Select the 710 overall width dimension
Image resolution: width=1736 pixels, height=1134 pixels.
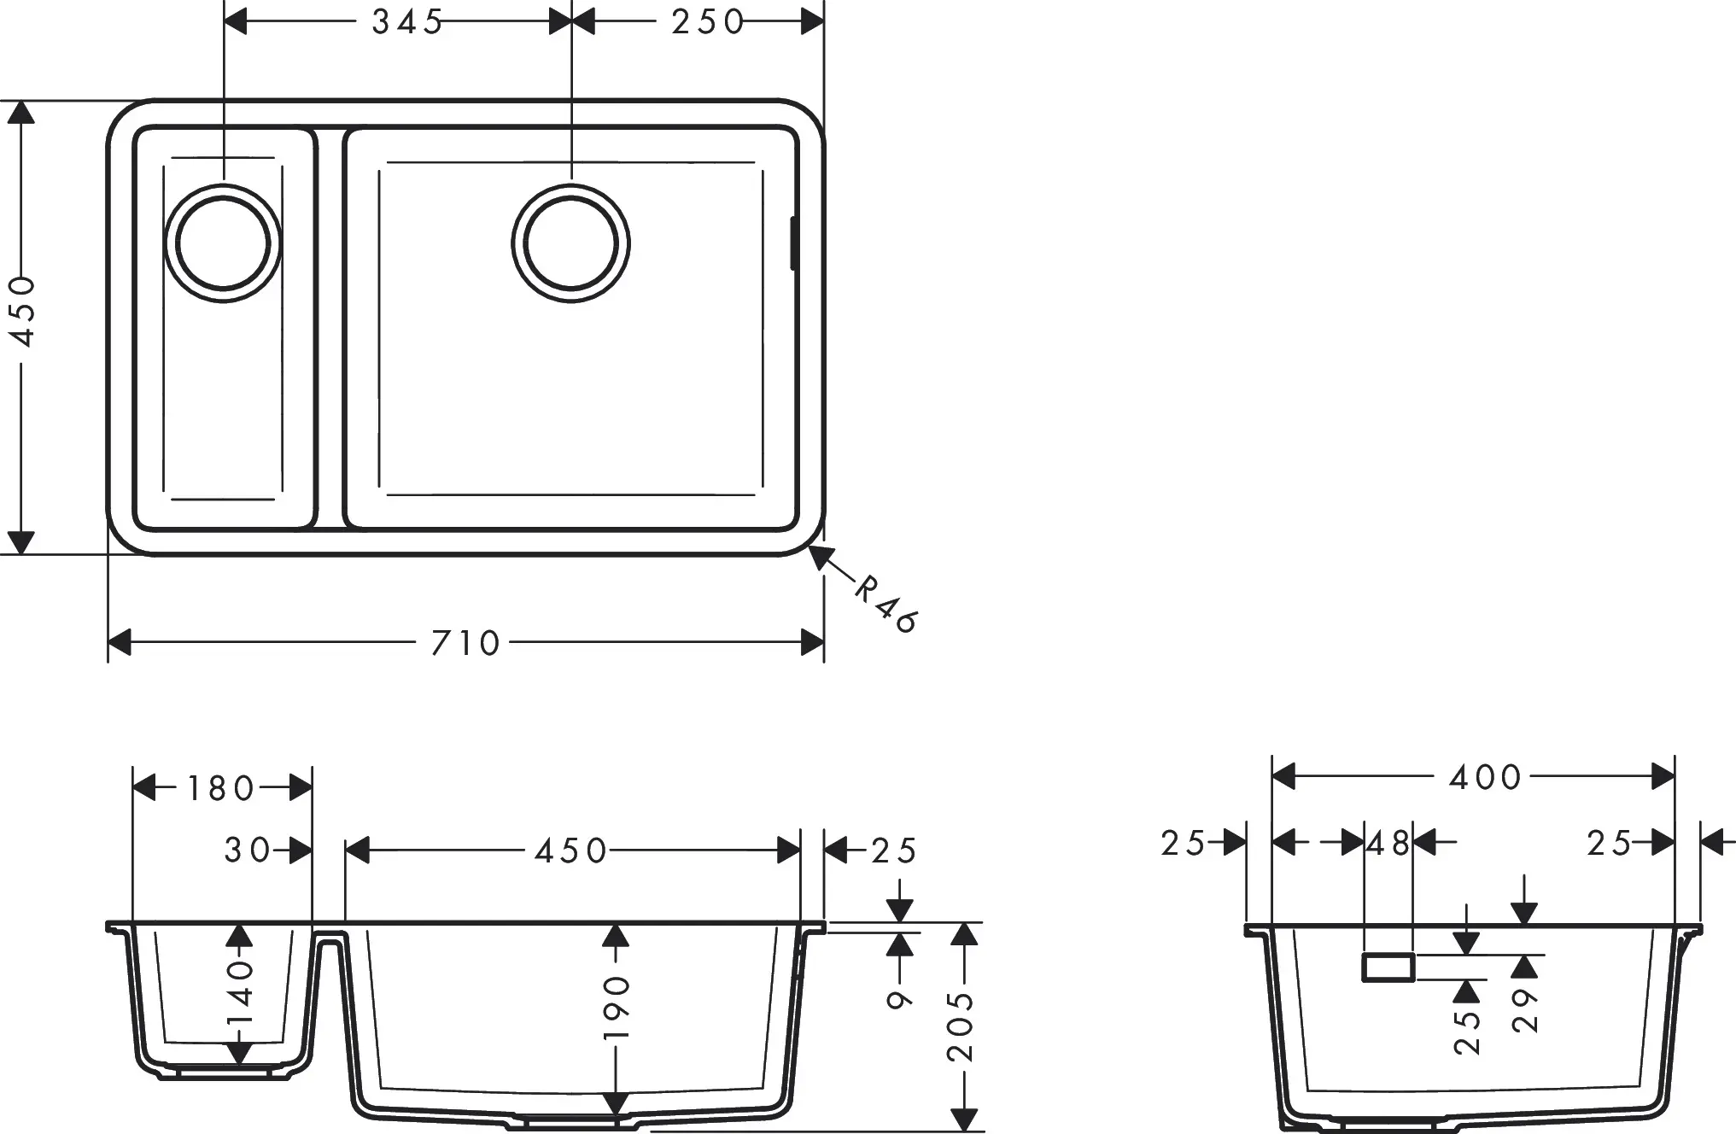click(x=465, y=643)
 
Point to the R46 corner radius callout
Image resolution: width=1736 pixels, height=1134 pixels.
click(x=886, y=604)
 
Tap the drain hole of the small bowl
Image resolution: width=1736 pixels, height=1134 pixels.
click(x=223, y=243)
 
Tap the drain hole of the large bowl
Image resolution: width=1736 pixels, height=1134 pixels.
click(x=570, y=243)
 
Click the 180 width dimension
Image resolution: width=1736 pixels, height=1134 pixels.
click(x=220, y=788)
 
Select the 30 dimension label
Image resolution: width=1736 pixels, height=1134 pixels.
click(x=247, y=850)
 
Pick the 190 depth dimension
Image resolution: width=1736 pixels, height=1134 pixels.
click(x=616, y=1008)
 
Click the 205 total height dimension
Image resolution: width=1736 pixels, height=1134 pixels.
click(x=962, y=1026)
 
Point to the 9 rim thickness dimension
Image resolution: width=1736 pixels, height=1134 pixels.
click(x=899, y=999)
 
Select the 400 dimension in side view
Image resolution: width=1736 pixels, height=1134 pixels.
click(x=1485, y=777)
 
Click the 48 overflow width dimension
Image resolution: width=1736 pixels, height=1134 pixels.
click(x=1388, y=844)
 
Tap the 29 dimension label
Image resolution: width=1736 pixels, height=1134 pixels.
click(x=1525, y=1011)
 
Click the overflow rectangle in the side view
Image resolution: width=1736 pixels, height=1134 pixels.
click(x=1388, y=968)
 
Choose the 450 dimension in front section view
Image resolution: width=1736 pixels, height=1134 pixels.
click(x=570, y=850)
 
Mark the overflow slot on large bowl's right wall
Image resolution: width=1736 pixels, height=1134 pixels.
click(x=793, y=243)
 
